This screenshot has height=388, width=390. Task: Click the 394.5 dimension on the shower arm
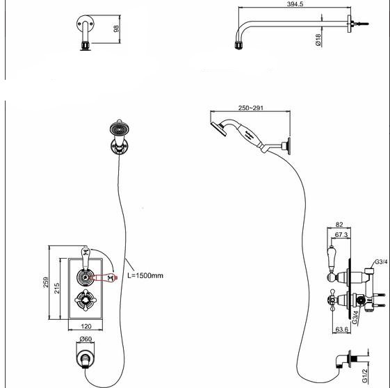click(295, 4)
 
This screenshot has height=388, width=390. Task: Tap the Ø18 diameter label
click(318, 40)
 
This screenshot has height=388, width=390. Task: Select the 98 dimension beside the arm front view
click(116, 29)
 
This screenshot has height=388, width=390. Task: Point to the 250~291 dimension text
click(250, 108)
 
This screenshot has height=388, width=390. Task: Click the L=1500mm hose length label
click(145, 275)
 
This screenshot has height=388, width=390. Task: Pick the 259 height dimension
click(46, 282)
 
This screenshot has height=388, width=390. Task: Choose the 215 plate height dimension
click(57, 288)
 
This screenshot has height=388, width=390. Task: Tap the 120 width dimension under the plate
click(86, 326)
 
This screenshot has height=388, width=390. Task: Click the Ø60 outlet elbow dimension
click(86, 339)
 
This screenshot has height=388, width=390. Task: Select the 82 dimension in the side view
click(339, 225)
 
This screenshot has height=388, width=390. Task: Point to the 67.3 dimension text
click(341, 234)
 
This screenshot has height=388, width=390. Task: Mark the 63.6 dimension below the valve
click(342, 330)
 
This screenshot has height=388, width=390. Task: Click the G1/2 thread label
click(364, 375)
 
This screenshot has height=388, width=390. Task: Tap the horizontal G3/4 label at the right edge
click(381, 261)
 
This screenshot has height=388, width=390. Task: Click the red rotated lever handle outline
click(105, 277)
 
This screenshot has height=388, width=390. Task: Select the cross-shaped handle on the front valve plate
click(86, 300)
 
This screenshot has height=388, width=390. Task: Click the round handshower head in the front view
click(119, 129)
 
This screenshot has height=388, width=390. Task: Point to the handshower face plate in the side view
click(218, 129)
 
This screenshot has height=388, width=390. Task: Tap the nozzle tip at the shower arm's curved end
click(238, 45)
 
